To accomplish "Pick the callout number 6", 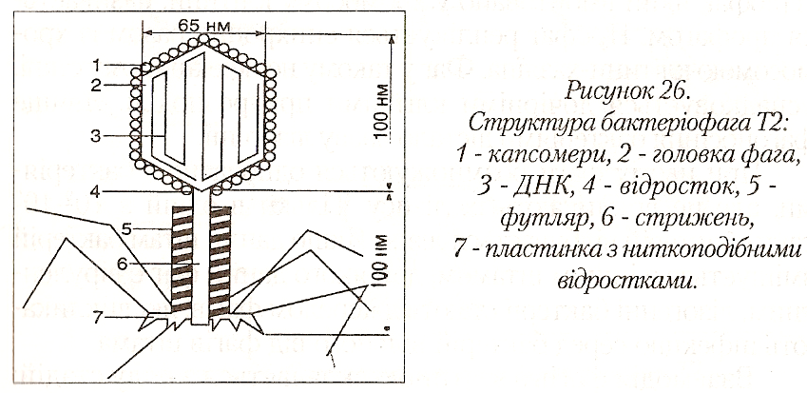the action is pos(125,259).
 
